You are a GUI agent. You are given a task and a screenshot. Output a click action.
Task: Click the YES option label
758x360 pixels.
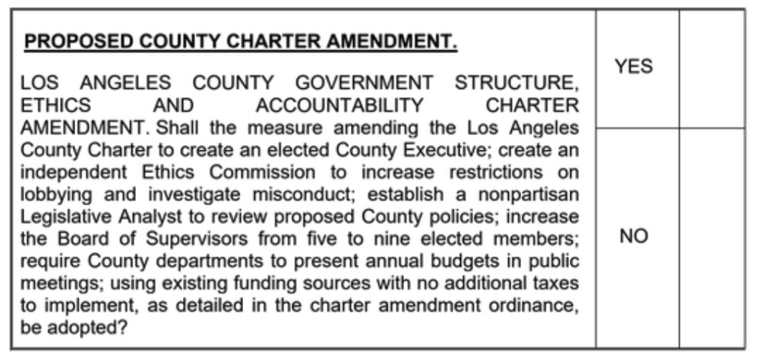(633, 67)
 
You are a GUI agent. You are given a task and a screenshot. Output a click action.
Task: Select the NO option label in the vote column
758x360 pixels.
(633, 236)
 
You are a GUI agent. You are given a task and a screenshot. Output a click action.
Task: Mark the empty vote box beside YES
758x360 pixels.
(712, 68)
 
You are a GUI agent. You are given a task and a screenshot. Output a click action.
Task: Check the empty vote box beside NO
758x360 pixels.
(712, 237)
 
